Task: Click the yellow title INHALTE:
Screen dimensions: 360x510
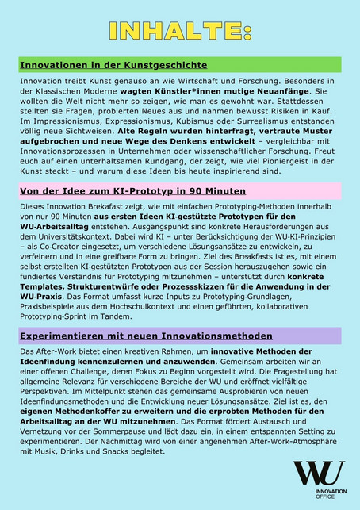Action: pos(180,31)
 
